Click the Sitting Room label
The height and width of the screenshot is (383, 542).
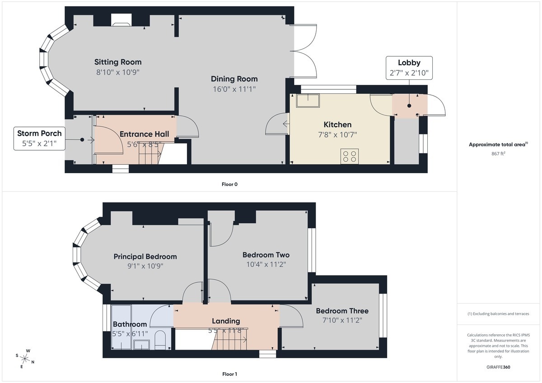[x=118, y=62]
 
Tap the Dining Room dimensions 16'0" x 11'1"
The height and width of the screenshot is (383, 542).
[x=234, y=89]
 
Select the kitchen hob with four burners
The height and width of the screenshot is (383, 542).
[x=350, y=157]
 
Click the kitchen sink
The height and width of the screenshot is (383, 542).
[x=308, y=101]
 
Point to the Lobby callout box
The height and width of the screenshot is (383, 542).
[x=409, y=68]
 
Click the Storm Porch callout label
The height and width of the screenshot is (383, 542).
[x=39, y=138]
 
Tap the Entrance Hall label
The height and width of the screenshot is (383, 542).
[x=144, y=134]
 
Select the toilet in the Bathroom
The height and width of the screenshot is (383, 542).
[x=160, y=340]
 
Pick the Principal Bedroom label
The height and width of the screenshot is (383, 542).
[x=145, y=256]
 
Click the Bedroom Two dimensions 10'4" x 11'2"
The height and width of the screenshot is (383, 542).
[x=266, y=264]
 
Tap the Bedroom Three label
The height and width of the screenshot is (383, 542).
[x=342, y=311]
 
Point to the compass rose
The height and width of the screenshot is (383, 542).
[x=25, y=359]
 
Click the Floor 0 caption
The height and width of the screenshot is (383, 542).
[x=229, y=185]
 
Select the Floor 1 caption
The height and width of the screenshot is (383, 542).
[x=229, y=374]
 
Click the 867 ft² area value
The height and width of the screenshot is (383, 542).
[x=499, y=153]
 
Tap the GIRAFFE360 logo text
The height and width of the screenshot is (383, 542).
[x=499, y=367]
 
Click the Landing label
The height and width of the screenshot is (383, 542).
[x=226, y=321]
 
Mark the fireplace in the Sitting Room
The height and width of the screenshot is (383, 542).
[x=121, y=20]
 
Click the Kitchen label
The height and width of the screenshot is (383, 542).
[x=337, y=125]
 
